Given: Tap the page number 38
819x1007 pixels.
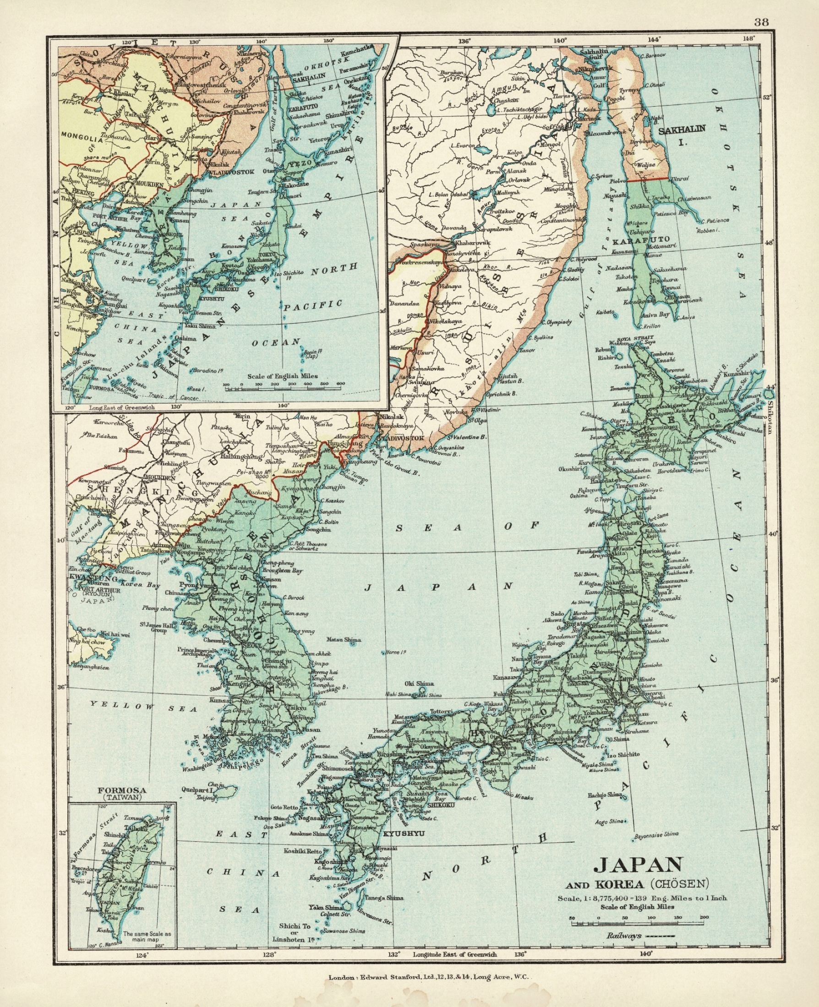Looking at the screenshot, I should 760,9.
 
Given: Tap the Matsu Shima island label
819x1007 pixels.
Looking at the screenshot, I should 343,640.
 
